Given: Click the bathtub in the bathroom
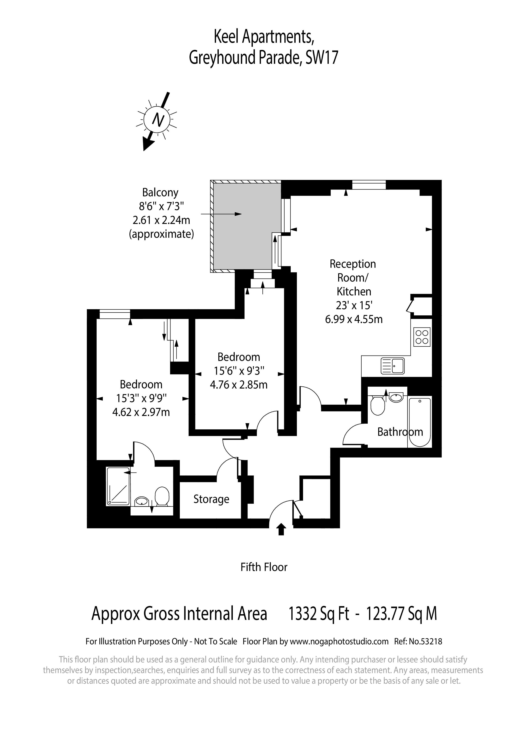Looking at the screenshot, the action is pos(420,422).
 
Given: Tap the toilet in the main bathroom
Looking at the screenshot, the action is pos(378,405).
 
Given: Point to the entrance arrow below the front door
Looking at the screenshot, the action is pos(281,529).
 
